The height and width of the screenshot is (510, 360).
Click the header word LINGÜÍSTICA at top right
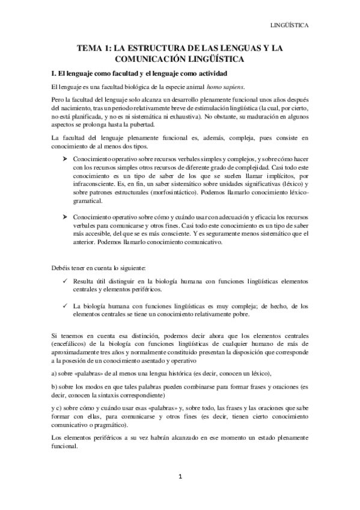point(290,26)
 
